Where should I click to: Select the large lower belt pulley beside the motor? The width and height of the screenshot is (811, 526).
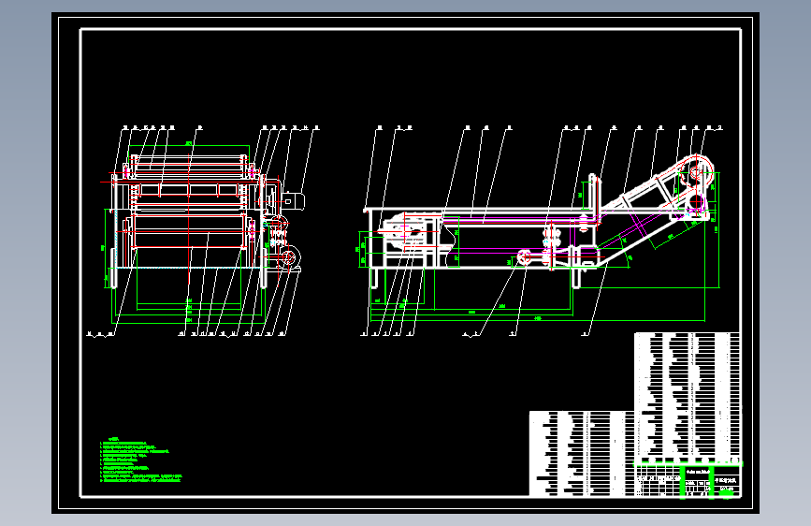(286, 258)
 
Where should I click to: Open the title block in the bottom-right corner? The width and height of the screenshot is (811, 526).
(688, 479)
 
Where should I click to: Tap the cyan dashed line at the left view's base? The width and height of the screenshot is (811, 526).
(187, 267)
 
